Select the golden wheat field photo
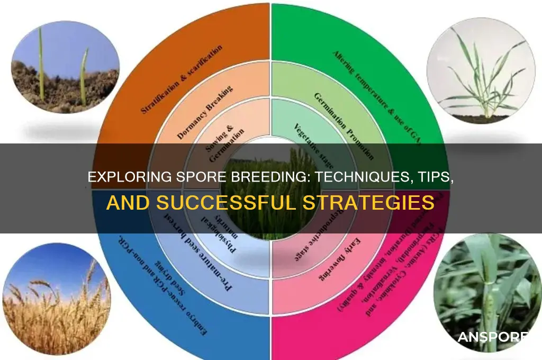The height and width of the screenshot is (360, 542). click(56, 300)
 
